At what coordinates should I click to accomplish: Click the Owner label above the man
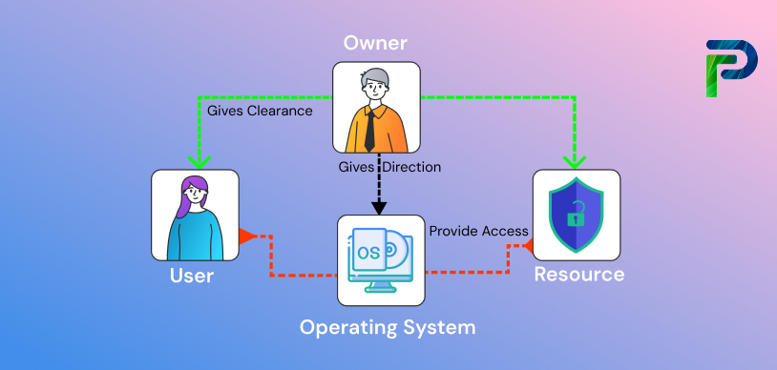(x=376, y=44)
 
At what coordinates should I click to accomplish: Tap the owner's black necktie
(x=369, y=129)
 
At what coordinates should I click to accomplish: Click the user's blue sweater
(x=196, y=237)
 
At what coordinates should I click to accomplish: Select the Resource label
(x=578, y=275)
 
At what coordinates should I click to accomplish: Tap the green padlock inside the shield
(x=576, y=216)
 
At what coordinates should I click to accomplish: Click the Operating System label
(x=387, y=327)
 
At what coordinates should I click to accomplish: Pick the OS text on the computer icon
(x=368, y=253)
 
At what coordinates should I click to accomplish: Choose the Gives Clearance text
(x=260, y=111)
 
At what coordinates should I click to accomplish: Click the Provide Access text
(x=478, y=231)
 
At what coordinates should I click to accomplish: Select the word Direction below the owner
(x=413, y=167)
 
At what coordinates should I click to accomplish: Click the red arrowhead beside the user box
(x=245, y=236)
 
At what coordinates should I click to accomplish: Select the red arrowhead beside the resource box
(x=526, y=247)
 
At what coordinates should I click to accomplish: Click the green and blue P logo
(x=730, y=68)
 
